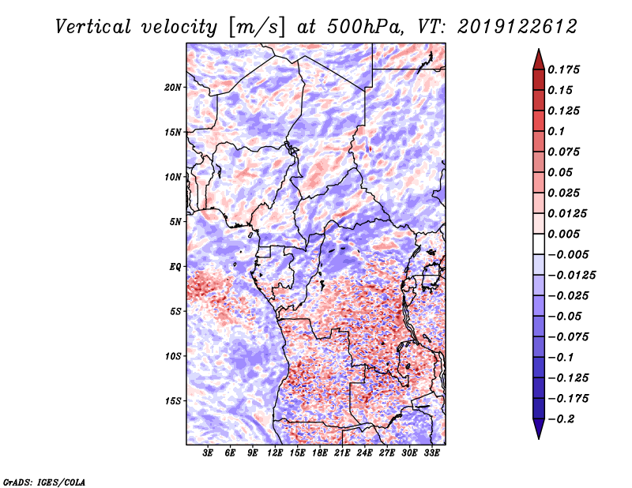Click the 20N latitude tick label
[x=173, y=88]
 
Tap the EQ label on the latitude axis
[x=175, y=267]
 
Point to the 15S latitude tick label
[x=173, y=401]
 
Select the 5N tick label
[x=175, y=222]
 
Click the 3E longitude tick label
[x=208, y=453]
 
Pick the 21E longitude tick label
[x=342, y=453]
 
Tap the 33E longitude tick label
[x=431, y=453]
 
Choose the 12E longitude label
[x=274, y=453]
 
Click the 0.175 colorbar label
[x=563, y=69]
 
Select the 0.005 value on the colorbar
[x=563, y=234]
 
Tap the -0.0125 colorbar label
[x=571, y=276]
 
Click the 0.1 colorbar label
[x=556, y=131]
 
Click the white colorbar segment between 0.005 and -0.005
[x=539, y=244]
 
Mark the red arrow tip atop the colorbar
[x=539, y=50]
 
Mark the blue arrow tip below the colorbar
[x=539, y=438]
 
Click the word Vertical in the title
[x=93, y=27]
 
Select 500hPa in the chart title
[x=365, y=27]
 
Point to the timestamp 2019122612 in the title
[x=517, y=27]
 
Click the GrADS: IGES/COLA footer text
[x=44, y=482]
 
